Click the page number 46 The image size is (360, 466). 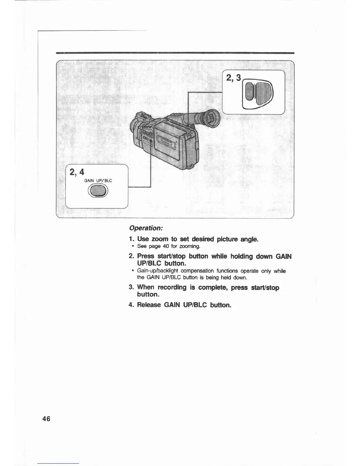(46, 419)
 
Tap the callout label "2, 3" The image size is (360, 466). (233, 78)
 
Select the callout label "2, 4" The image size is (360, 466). (77, 172)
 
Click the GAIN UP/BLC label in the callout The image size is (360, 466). (98, 181)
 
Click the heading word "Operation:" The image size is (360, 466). (146, 228)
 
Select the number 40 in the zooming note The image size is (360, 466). (166, 246)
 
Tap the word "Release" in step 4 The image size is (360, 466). (149, 305)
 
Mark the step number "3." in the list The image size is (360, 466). (131, 287)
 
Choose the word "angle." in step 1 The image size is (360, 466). (249, 239)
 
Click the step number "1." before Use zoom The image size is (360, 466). (131, 239)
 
